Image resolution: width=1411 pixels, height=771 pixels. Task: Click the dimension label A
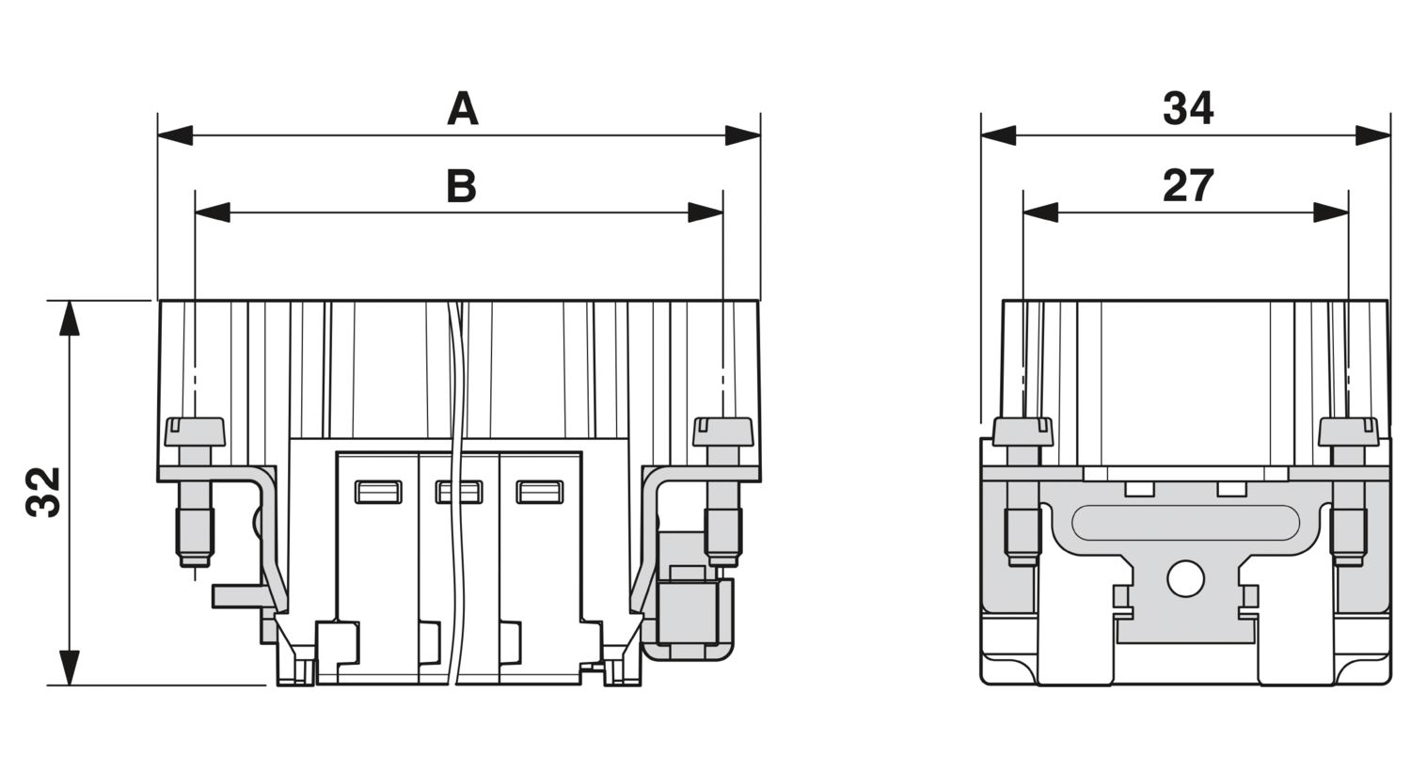point(463,109)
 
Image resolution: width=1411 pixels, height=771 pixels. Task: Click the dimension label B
point(462,186)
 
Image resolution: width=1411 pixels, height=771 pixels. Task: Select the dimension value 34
point(1188,109)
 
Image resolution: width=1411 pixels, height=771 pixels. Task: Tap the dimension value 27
point(1188,186)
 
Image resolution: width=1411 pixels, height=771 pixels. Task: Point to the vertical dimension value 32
point(43,492)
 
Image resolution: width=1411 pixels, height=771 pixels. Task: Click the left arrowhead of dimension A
point(175,135)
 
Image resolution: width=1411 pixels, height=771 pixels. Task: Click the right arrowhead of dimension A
point(743,135)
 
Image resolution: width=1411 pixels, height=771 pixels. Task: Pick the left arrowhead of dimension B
point(213,212)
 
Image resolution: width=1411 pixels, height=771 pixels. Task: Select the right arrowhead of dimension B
point(705,212)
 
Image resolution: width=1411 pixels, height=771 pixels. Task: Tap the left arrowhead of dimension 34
point(998,135)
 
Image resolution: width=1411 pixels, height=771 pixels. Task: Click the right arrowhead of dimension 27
point(1331,212)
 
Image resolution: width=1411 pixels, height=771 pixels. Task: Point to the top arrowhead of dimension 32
point(70,318)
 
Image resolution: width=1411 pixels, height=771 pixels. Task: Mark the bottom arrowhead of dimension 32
point(70,668)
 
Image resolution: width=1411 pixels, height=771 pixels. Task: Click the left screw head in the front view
point(195,432)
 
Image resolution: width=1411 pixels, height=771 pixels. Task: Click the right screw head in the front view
point(723,432)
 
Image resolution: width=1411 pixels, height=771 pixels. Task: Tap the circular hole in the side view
point(1185,579)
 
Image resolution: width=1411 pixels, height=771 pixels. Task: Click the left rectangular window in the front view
point(378,492)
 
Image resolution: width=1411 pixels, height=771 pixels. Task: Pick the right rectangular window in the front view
point(540,492)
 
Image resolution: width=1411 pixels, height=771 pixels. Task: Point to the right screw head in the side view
point(1349,432)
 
